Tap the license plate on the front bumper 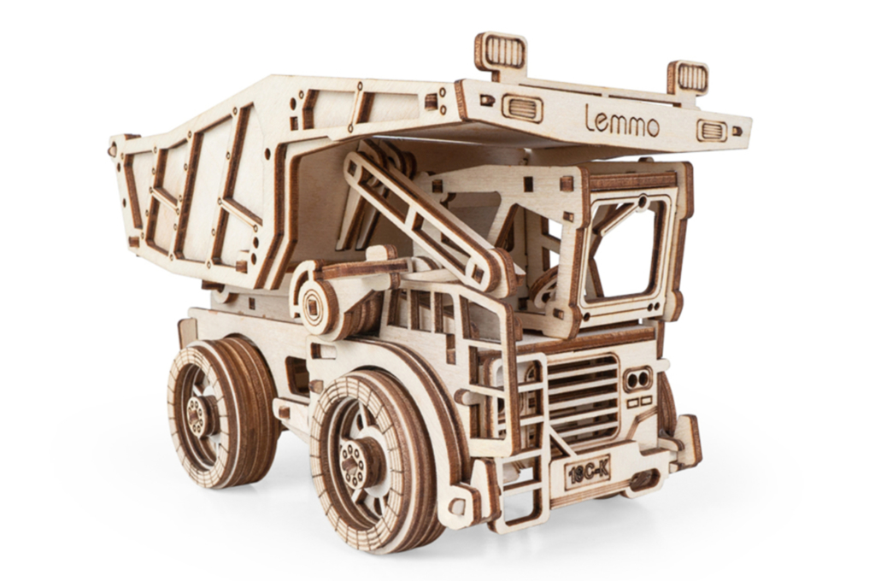[x=588, y=473]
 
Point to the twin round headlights [x=637, y=379]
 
